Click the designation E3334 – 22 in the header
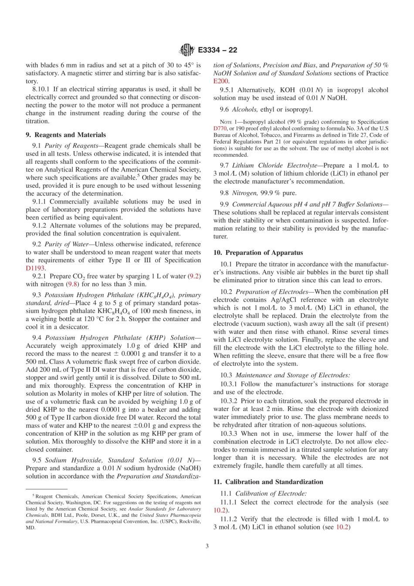pyautogui.click(x=217, y=50)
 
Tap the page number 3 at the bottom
pyautogui.click(x=207, y=546)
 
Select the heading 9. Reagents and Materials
pyautogui.click(x=66, y=135)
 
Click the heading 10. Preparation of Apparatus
pyautogui.click(x=258, y=252)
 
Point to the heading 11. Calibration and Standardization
pyautogui.click(x=268, y=482)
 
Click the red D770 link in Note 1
pyautogui.click(x=220, y=129)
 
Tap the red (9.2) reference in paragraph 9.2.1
pyautogui.click(x=194, y=276)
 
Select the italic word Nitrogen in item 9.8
pyautogui.click(x=244, y=193)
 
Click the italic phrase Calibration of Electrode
pyautogui.click(x=270, y=493)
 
